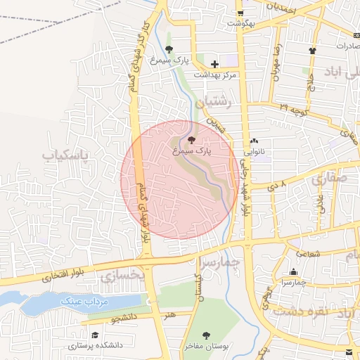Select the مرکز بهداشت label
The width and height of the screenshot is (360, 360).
pyautogui.click(x=216, y=75)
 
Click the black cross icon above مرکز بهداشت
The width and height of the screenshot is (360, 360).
pyautogui.click(x=214, y=65)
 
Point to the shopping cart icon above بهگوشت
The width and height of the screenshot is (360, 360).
pyautogui.click(x=240, y=13)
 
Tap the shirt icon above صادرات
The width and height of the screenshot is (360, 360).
pyautogui.click(x=312, y=51)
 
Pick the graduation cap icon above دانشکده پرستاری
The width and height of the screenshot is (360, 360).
pyautogui.click(x=95, y=335)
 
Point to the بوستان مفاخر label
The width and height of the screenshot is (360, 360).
pyautogui.click(x=205, y=347)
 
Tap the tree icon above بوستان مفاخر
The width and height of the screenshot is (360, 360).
pyautogui.click(x=206, y=335)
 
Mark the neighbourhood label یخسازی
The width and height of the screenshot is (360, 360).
pyautogui.click(x=121, y=277)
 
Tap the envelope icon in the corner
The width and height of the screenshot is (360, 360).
pyautogui.click(x=350, y=351)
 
